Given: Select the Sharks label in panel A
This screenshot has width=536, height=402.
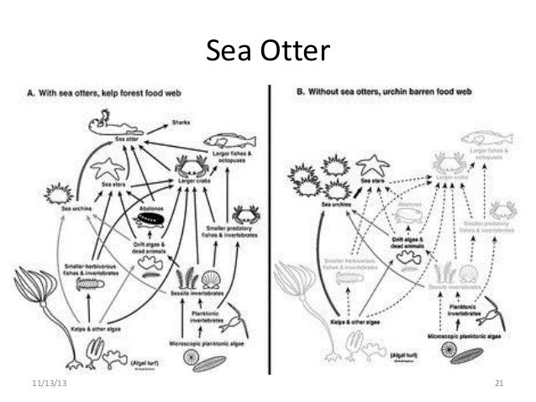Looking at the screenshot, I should point(181,123).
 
